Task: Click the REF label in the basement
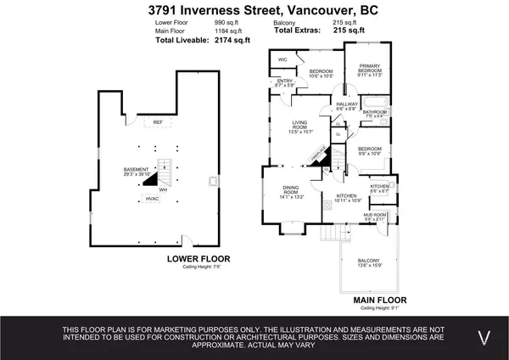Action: coord(157,122)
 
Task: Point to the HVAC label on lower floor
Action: coord(153,199)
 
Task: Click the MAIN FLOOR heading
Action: coord(378,300)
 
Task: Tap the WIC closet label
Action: coord(282,59)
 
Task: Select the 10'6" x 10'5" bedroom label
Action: coord(320,73)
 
